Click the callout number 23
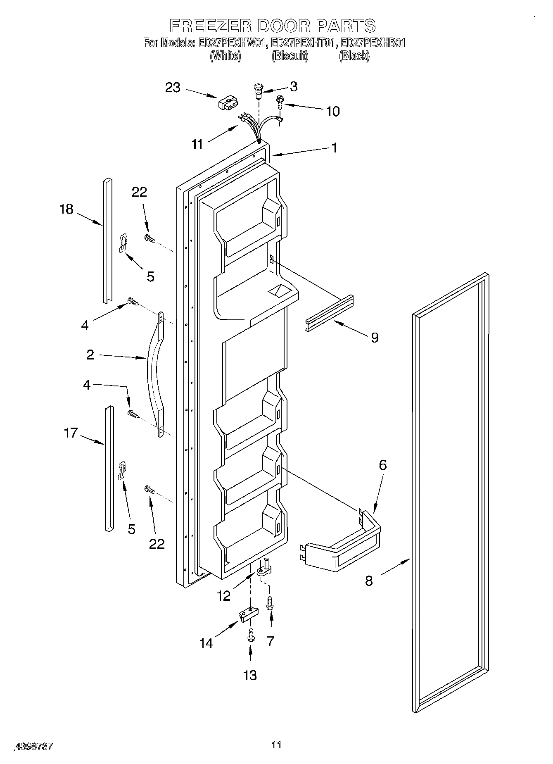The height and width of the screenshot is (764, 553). point(173,88)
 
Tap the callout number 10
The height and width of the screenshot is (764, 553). point(333,111)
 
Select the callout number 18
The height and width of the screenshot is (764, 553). point(66,209)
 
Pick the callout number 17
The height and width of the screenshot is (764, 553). point(71,433)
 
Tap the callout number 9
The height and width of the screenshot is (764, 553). point(374,338)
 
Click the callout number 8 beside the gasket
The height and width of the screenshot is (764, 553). point(369,581)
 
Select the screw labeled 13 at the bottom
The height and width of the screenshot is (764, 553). point(250,634)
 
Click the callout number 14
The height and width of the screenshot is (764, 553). point(206,643)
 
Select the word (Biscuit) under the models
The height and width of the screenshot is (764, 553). point(290,56)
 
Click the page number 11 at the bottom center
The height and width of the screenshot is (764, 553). point(276,745)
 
